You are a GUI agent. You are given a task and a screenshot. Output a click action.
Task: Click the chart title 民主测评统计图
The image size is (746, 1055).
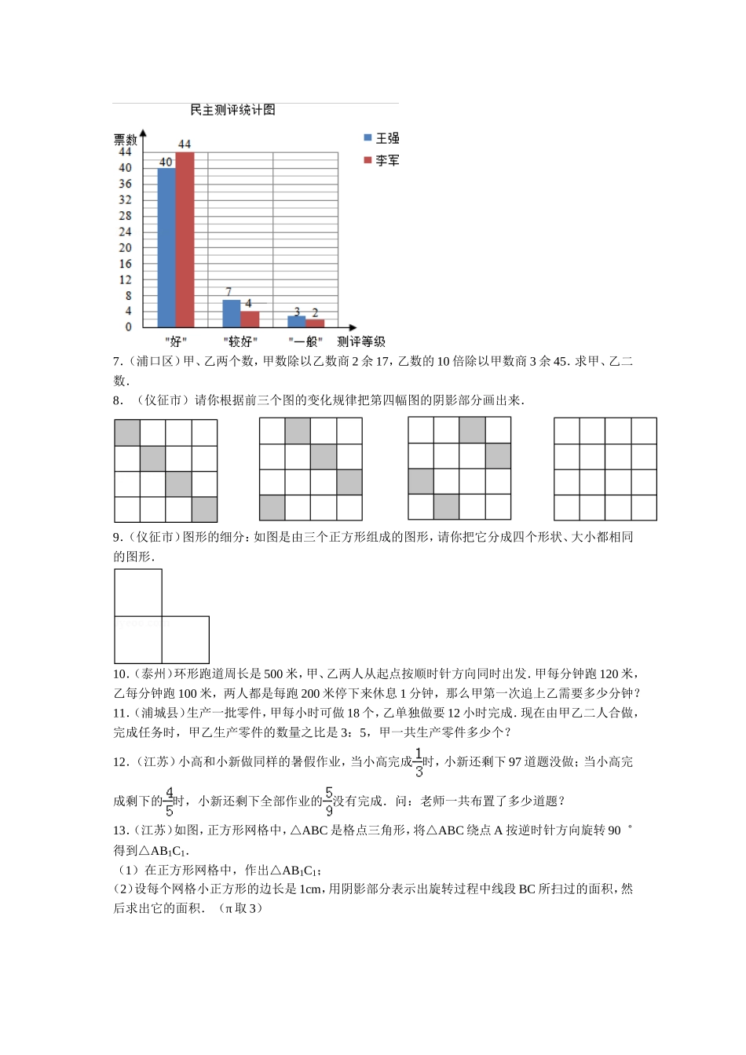pos(232,110)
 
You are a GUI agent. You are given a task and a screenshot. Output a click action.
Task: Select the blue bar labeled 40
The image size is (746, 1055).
pos(166,247)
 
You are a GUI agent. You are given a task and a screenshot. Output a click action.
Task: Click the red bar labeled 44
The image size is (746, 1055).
pos(185,239)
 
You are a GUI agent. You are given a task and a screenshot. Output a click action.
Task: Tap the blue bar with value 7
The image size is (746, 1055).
pos(231,313)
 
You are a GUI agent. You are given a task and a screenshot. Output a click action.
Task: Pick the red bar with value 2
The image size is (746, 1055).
pos(315,323)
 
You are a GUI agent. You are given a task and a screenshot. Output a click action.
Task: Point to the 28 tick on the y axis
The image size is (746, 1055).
pos(126,216)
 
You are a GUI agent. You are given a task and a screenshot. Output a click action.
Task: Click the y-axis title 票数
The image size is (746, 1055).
pos(126,139)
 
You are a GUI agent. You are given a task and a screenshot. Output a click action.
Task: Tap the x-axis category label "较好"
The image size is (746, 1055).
pos(240,341)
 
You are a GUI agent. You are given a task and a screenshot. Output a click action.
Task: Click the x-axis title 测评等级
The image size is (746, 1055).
pos(361,341)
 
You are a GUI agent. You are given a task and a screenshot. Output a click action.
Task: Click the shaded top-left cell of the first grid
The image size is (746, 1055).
pos(127,433)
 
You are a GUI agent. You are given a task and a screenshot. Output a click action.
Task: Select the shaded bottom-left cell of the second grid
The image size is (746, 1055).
pos(272,508)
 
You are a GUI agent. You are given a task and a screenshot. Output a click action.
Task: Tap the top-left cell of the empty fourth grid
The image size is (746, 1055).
pos(566,431)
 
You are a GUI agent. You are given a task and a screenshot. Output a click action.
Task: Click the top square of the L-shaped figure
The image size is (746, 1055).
pos(138,593)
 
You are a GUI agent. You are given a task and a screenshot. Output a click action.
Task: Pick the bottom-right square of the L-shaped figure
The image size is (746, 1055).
pos(185,640)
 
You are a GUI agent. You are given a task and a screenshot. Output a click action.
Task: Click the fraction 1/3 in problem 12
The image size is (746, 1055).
pos(419,762)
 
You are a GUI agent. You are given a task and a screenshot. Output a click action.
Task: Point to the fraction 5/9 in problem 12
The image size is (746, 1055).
pos(328,801)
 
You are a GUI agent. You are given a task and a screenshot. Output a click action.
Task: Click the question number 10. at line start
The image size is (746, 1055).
pos(120,674)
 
